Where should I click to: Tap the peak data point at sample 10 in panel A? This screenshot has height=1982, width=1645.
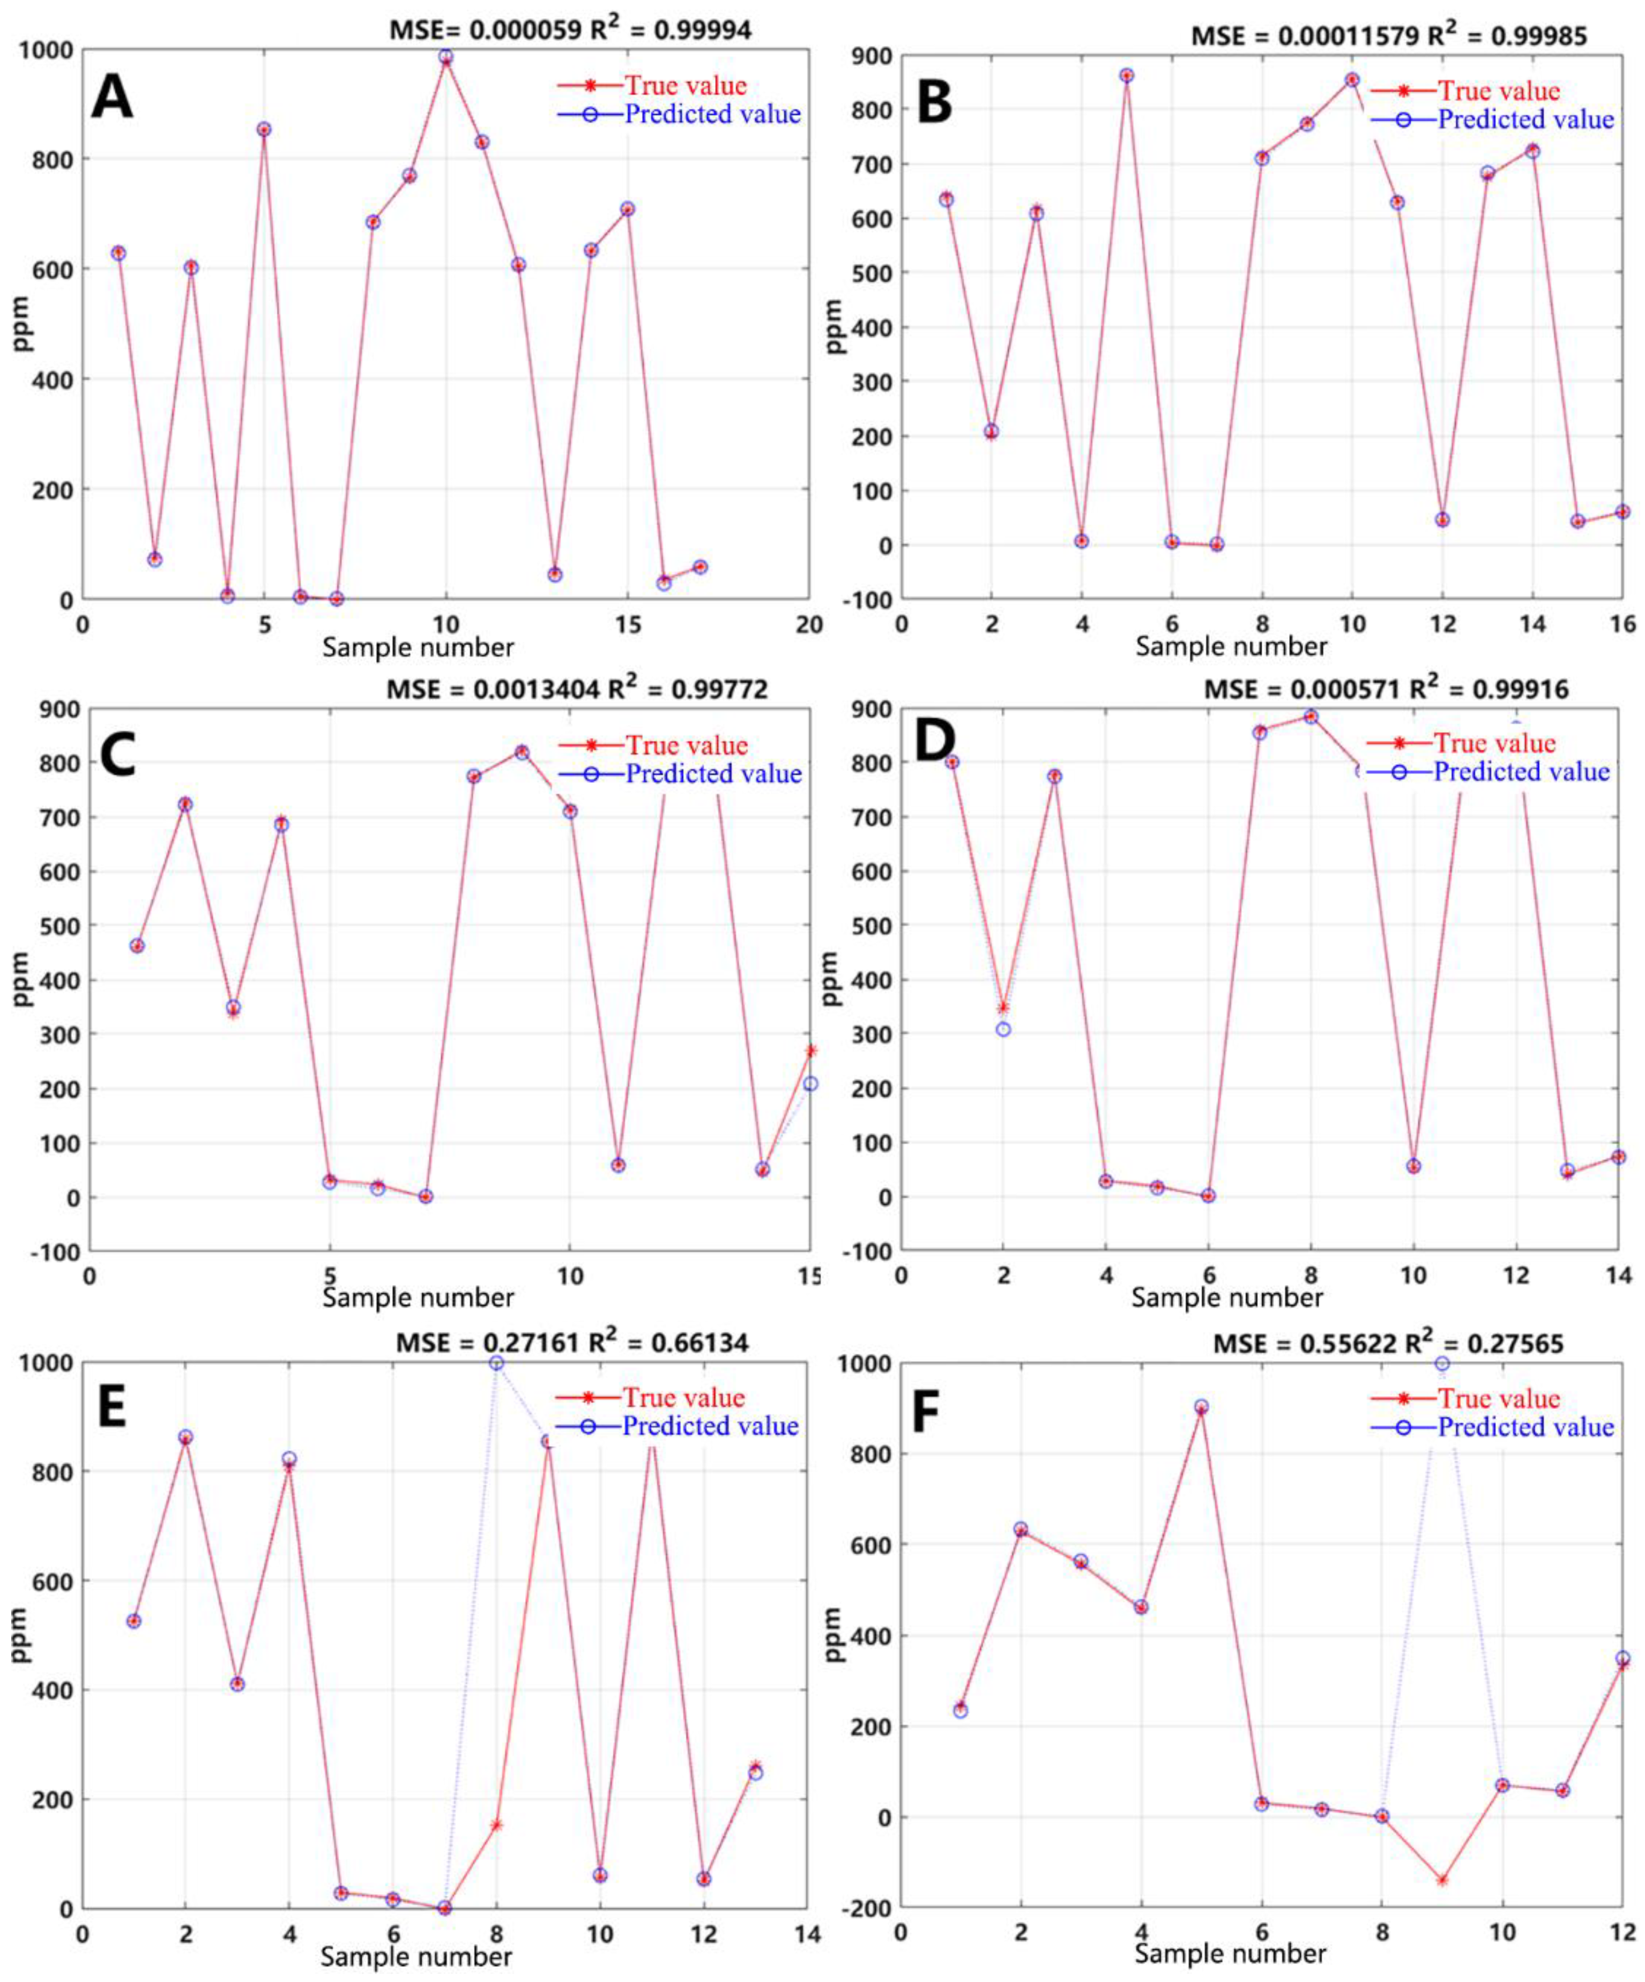445,57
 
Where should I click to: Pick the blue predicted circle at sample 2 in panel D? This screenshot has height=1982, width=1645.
1003,1029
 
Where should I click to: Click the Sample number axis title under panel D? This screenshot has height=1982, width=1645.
1227,1298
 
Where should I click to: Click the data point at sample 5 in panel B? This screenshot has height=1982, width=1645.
1126,76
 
